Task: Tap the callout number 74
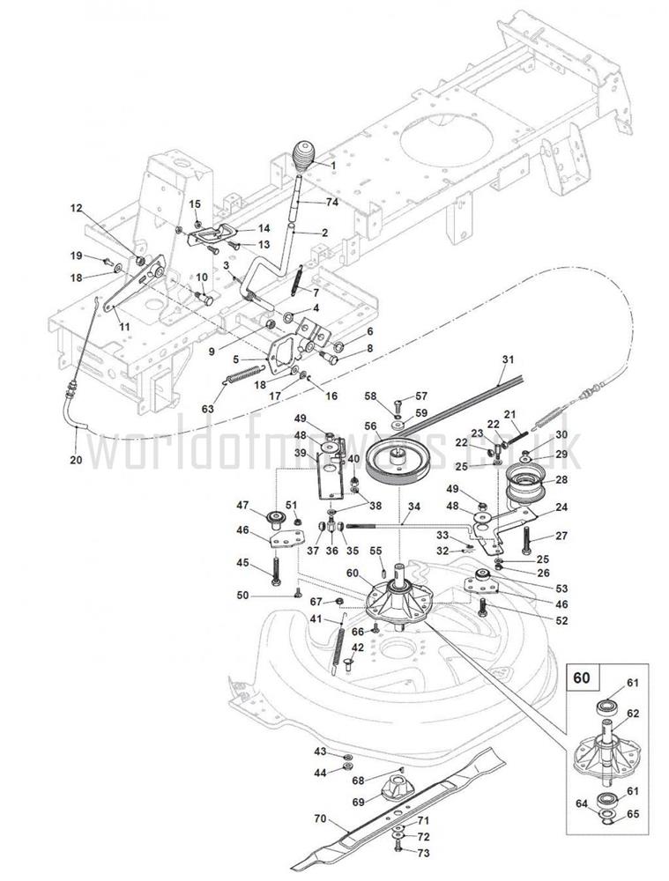point(331,202)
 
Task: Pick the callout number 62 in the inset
point(632,714)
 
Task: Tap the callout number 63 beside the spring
point(207,408)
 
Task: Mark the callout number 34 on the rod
point(413,507)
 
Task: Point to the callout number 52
point(561,620)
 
